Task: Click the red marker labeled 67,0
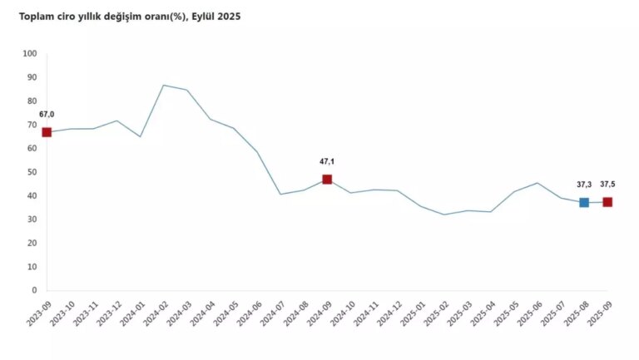click(47, 132)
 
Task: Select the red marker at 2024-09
click(327, 180)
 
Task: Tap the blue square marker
click(584, 202)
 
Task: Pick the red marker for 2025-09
click(607, 202)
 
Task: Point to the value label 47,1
click(327, 161)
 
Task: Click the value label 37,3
click(583, 185)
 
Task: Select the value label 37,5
click(609, 185)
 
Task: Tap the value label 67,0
click(47, 114)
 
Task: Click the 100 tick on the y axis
click(30, 54)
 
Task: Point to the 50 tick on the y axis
click(32, 172)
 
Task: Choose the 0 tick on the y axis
click(34, 291)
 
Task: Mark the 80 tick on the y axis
click(32, 101)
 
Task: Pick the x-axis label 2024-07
click(269, 314)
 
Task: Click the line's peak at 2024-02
click(163, 85)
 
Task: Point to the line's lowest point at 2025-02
click(444, 215)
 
